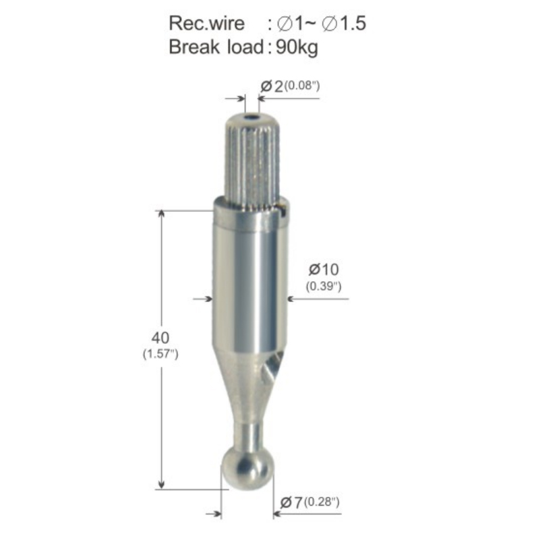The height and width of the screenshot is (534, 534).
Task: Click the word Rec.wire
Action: pos(206,24)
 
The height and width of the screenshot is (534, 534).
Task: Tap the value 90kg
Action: pos(297,47)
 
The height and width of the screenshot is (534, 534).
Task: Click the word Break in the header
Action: pos(194,47)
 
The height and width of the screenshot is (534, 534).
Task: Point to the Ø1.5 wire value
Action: pos(344,24)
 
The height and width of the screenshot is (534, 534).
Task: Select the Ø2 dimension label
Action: pos(272,86)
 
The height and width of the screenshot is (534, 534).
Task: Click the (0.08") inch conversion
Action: pos(302,86)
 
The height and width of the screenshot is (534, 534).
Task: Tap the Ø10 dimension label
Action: pos(324,270)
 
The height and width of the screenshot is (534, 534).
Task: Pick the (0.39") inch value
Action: pos(324,287)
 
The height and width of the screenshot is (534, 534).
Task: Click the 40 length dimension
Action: pos(160,338)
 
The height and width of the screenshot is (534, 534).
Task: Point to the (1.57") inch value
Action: pos(160,354)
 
